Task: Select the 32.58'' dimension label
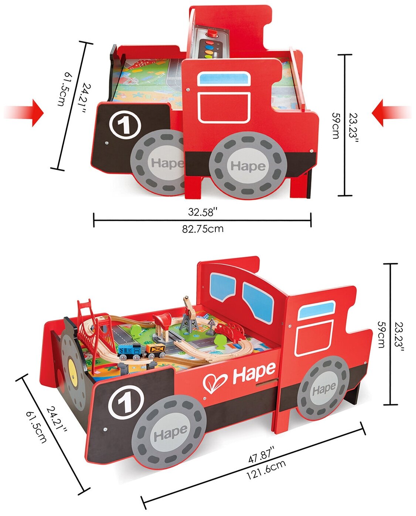pos(202,212)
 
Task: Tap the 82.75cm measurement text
pos(202,229)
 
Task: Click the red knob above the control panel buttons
pos(212,34)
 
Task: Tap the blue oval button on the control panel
pos(209,47)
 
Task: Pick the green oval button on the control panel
pos(208,57)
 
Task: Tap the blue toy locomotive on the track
pos(129,351)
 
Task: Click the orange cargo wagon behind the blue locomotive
pos(155,350)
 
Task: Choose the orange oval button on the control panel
pos(209,52)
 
